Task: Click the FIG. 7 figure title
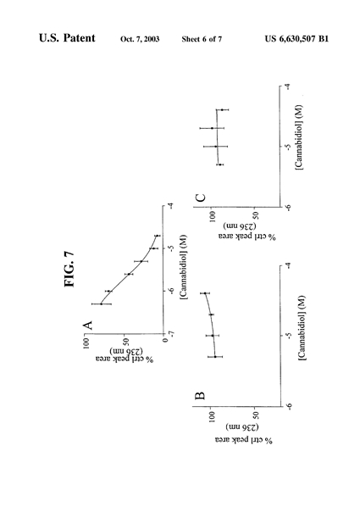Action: (69, 269)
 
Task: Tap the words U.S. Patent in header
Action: (67, 38)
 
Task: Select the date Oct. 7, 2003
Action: (140, 39)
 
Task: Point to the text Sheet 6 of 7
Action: (202, 39)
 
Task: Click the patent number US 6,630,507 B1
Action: (296, 39)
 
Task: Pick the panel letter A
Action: (87, 326)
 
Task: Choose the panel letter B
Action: (200, 395)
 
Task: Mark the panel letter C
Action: (201, 198)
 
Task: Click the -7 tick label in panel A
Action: (171, 334)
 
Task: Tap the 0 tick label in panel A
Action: (165, 340)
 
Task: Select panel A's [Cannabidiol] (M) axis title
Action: (184, 267)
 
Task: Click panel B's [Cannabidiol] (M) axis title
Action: (302, 328)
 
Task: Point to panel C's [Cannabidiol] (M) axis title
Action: (299, 137)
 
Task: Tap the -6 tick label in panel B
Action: (289, 407)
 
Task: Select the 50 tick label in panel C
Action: (255, 215)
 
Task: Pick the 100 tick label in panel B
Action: (212, 417)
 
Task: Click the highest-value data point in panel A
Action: (101, 304)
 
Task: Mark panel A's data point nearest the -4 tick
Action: (157, 236)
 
